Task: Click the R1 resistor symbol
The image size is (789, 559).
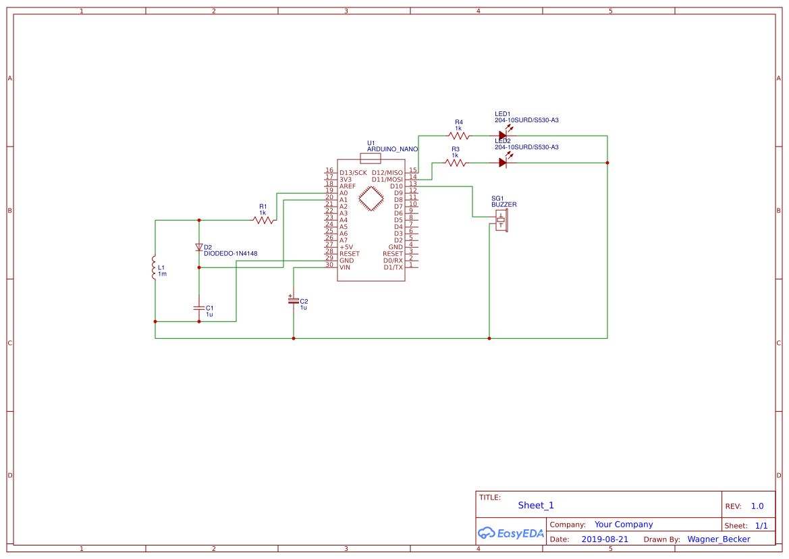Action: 263,220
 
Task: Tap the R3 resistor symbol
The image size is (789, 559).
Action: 455,163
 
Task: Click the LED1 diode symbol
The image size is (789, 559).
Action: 503,135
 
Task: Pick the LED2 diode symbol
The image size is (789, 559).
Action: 503,162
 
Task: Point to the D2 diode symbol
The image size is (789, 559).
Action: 199,247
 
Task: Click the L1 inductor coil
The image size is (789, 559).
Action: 154,268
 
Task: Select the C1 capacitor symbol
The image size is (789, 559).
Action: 199,307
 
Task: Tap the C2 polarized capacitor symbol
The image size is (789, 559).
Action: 293,300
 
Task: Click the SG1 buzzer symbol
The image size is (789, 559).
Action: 501,220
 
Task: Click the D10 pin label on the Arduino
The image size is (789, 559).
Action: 396,186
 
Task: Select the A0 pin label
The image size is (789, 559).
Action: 344,193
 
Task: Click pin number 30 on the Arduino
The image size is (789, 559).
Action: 329,265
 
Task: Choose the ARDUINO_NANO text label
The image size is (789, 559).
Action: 392,149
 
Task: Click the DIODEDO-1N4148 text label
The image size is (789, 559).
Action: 230,254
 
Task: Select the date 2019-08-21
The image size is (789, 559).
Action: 604,539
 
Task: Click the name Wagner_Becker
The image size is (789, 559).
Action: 719,539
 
